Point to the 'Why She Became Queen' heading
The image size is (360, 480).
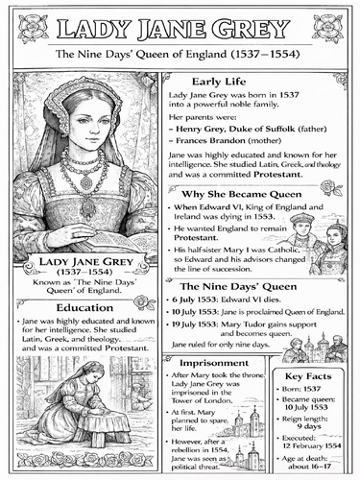(x=236, y=195)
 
